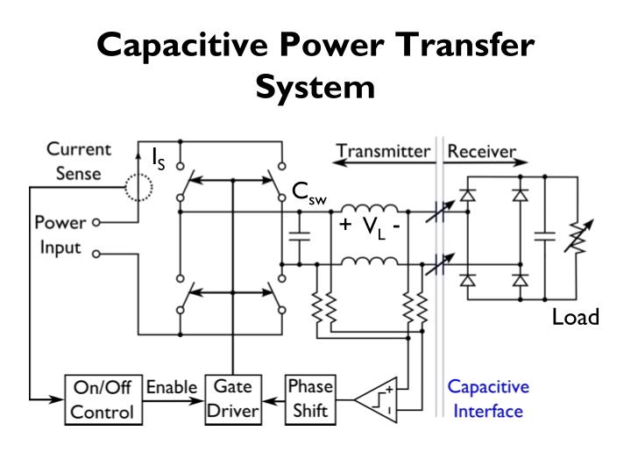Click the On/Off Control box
point(103,399)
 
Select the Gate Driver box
point(232,399)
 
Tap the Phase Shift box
point(310,399)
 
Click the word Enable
point(171,387)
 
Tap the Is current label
point(158,158)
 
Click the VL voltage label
point(373,226)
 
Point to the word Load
point(575,317)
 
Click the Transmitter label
point(384,150)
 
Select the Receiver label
point(482,150)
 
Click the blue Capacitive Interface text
point(488,399)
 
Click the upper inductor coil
point(368,209)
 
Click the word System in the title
point(315,86)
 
